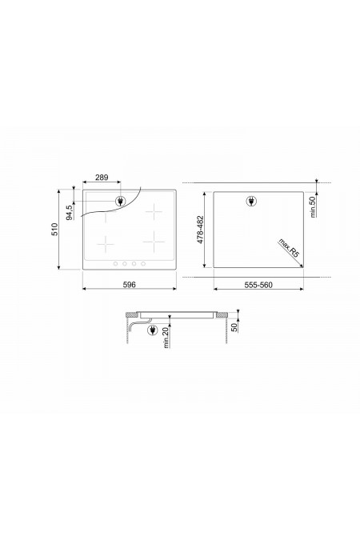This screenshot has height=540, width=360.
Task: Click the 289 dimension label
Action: click(x=102, y=178)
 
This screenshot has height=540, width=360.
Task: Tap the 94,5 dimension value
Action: click(x=70, y=213)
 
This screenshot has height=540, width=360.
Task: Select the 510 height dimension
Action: click(x=54, y=230)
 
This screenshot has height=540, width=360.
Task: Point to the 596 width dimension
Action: click(x=129, y=285)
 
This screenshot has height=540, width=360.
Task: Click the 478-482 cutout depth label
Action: click(x=201, y=230)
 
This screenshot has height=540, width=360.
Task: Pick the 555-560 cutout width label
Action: click(x=258, y=285)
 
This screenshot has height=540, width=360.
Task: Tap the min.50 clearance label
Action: click(x=313, y=206)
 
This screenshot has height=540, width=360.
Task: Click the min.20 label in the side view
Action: click(x=166, y=338)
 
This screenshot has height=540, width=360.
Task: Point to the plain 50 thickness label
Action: click(x=234, y=327)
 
